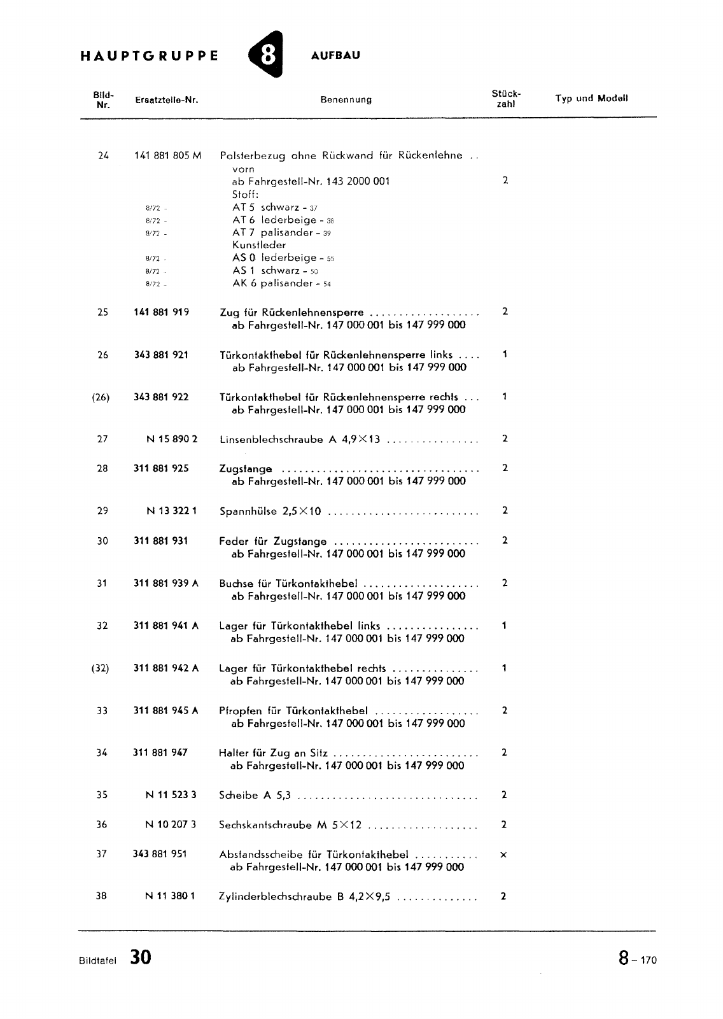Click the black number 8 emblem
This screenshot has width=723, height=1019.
tap(266, 56)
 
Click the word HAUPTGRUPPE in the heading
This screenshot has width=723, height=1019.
tap(150, 55)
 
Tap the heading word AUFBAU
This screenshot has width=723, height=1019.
tap(335, 55)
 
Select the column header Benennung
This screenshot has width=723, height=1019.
tap(346, 99)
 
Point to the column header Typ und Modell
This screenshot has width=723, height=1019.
tap(591, 98)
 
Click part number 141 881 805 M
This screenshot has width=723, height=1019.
tap(168, 155)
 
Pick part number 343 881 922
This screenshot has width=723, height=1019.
tap(161, 397)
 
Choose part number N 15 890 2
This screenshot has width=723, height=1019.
tap(172, 439)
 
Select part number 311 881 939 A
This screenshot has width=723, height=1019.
tap(166, 583)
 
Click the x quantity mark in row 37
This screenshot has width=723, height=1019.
tap(503, 855)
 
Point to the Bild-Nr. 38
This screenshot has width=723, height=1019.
tap(101, 896)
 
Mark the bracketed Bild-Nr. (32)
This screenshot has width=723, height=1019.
tap(101, 668)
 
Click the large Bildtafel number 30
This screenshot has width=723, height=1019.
tap(141, 957)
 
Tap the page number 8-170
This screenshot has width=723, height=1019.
tap(636, 959)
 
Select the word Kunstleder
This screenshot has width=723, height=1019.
tap(259, 245)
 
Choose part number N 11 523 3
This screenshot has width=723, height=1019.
tap(171, 795)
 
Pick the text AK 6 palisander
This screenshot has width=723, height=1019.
tap(275, 283)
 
